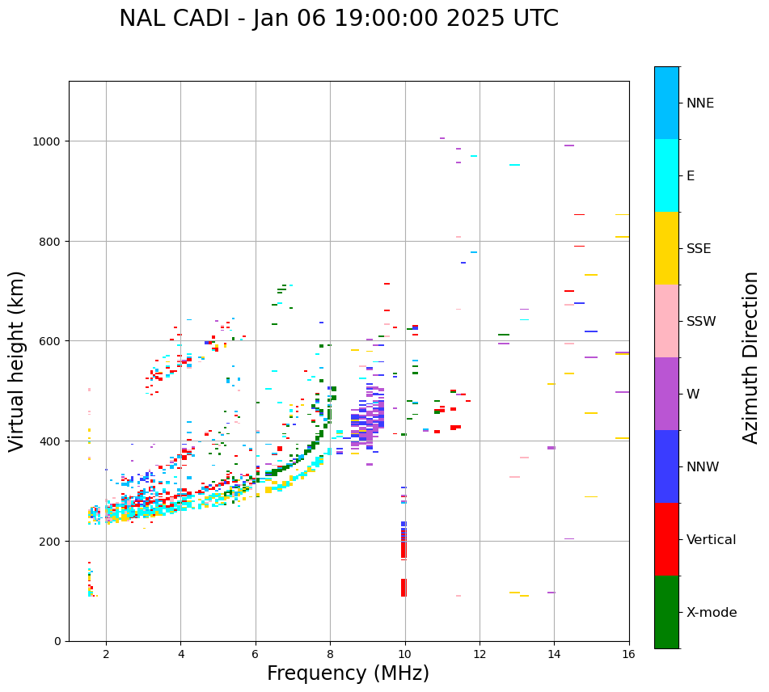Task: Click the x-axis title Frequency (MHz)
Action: tap(348, 673)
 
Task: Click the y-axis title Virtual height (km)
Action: tap(18, 361)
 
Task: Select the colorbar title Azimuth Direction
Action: tap(750, 357)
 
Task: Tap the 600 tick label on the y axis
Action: tap(52, 341)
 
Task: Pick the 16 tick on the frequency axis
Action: tap(628, 654)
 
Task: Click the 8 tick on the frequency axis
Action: tap(330, 654)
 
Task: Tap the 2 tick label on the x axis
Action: tap(106, 654)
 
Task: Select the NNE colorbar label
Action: tap(700, 103)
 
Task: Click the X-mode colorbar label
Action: tap(712, 613)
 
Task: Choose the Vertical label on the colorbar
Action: tap(711, 540)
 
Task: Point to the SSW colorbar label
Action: tap(701, 322)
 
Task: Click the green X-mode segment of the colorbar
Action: tap(666, 612)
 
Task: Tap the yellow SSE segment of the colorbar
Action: tap(666, 248)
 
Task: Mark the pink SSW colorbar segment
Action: tap(666, 321)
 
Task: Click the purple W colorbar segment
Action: tap(666, 394)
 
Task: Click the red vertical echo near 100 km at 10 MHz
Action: tap(404, 587)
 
